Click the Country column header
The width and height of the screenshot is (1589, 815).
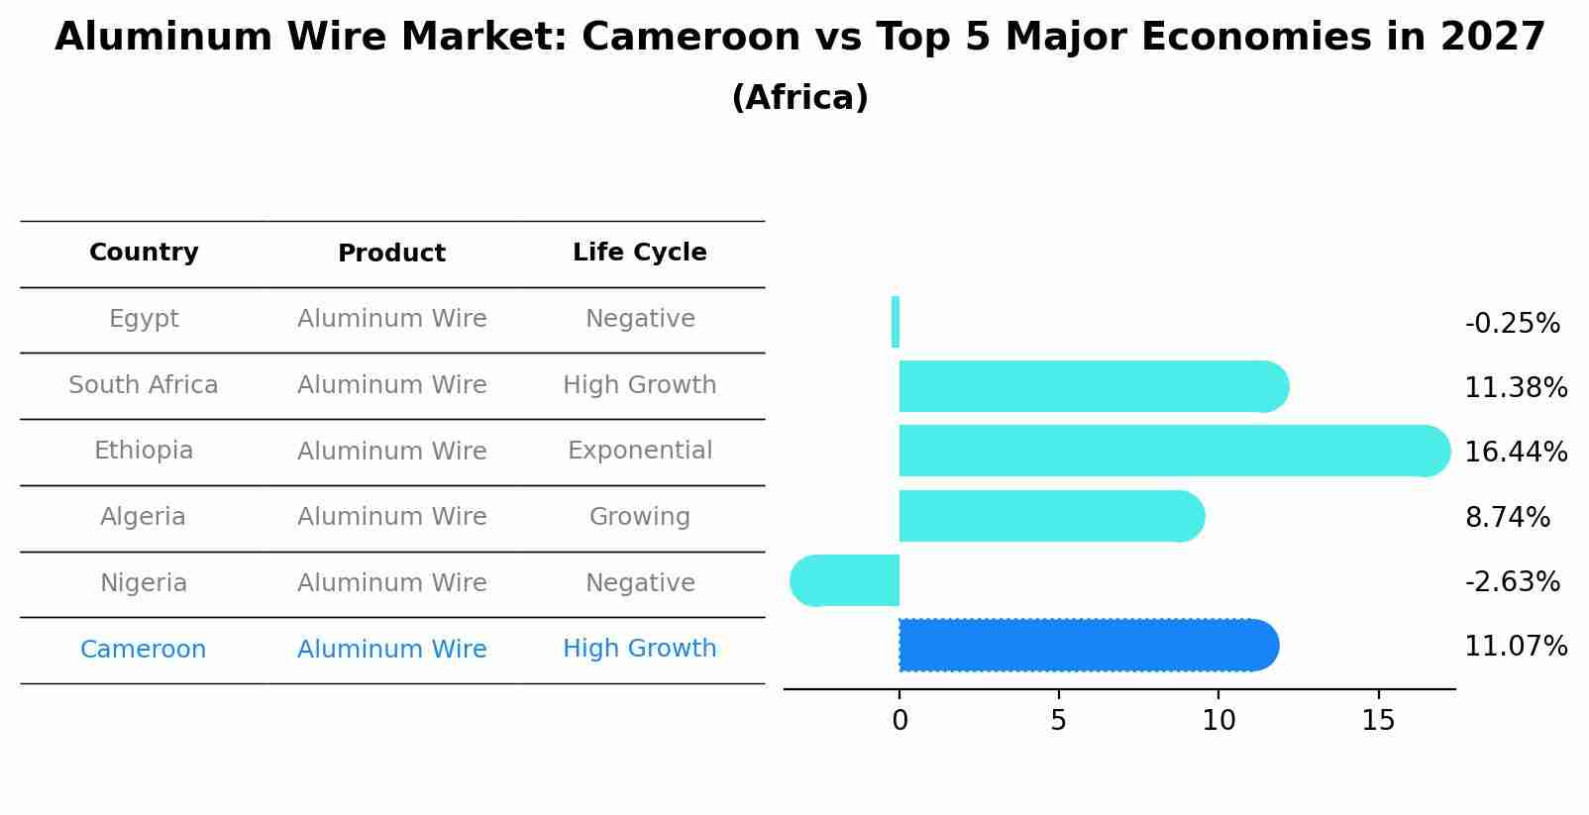click(144, 253)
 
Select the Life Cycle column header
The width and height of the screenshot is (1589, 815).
click(639, 253)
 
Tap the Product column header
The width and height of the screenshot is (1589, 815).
click(391, 254)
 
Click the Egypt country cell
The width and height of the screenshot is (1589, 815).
click(144, 319)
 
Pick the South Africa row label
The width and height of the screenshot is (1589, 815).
click(144, 385)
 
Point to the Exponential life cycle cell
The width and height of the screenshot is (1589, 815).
click(639, 451)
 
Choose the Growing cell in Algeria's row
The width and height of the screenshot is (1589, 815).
click(639, 517)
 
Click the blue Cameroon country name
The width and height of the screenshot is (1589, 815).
click(144, 650)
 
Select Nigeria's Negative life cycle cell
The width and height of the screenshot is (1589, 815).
click(639, 583)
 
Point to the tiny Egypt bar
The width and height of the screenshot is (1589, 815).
click(896, 322)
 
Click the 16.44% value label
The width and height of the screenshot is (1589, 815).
click(1515, 453)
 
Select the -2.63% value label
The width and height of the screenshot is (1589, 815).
click(1512, 582)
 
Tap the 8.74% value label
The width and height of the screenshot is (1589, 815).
click(1507, 518)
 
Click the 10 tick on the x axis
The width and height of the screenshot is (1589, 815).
click(1218, 721)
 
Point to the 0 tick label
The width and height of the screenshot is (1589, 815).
click(900, 721)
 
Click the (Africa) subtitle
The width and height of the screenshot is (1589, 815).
click(799, 98)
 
